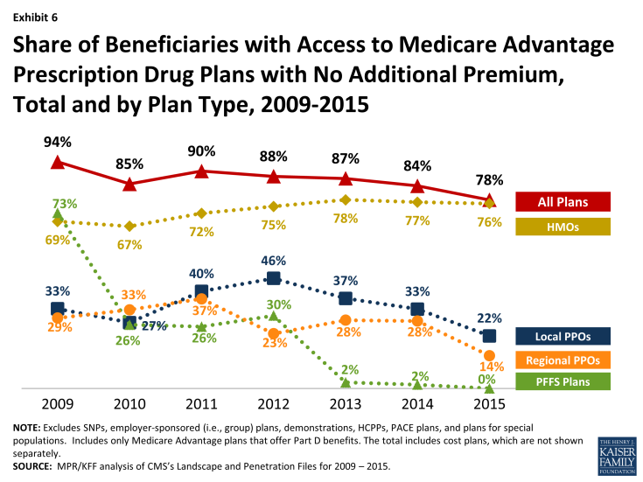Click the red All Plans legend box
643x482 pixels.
(x=563, y=202)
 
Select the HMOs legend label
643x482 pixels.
(x=563, y=227)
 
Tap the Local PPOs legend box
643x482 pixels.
(x=563, y=335)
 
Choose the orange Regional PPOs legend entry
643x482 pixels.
(x=563, y=359)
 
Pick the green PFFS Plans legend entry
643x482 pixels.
(x=563, y=381)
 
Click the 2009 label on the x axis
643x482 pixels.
(x=58, y=406)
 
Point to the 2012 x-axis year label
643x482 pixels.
(x=273, y=406)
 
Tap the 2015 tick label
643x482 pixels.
(x=488, y=406)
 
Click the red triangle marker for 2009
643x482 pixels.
(x=58, y=162)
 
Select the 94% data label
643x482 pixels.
(x=58, y=141)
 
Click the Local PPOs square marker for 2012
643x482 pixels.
(x=273, y=278)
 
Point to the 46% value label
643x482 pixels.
(x=273, y=261)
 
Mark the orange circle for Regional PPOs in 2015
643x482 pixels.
(x=489, y=355)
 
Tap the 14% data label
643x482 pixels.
(x=490, y=367)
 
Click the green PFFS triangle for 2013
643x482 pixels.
(x=345, y=382)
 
